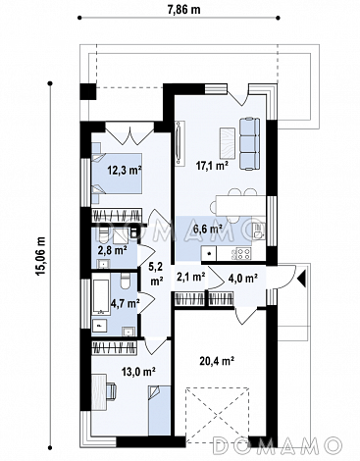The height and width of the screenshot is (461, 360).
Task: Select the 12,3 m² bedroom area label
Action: click(126, 170)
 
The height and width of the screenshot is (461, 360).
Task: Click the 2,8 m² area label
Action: click(113, 251)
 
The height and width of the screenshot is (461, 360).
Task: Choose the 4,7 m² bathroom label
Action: click(126, 303)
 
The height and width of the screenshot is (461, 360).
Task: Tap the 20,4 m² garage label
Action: click(218, 361)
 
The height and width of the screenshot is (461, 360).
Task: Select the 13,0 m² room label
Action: click(137, 371)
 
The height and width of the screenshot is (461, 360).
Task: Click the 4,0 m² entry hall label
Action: click(242, 279)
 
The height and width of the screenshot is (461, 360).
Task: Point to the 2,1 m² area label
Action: click(190, 277)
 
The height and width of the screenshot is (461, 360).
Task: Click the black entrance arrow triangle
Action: click(302, 278)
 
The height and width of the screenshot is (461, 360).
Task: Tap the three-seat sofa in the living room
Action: click(250, 144)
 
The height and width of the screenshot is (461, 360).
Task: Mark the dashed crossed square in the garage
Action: click(218, 415)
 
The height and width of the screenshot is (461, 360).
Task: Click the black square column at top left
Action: click(88, 91)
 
